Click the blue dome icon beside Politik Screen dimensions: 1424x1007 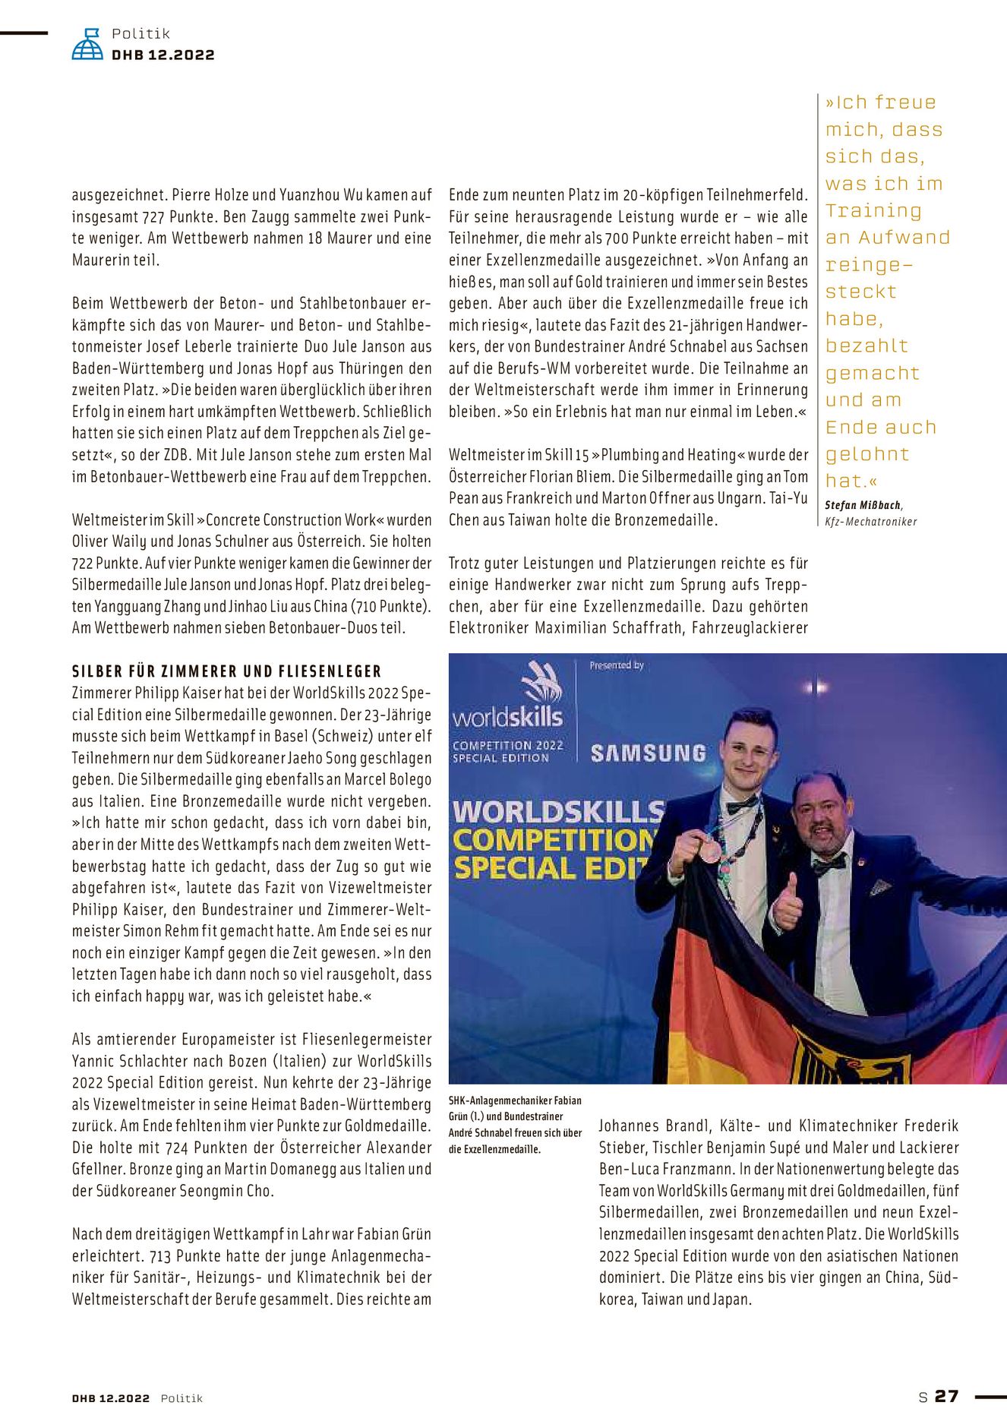pos(87,45)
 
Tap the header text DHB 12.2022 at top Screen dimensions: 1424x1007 pos(163,55)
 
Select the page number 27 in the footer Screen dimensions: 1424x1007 pos(946,1396)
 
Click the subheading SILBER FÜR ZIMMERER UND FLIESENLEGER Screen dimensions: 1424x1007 pos(226,671)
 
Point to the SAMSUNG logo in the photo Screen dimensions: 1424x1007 pos(649,753)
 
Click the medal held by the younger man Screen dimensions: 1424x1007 pos(710,850)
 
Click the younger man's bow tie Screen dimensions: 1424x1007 pos(742,804)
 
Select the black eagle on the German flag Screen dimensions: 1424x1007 pos(851,1059)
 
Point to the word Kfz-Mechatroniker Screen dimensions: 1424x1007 pos(870,522)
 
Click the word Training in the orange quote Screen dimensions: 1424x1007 pos(873,210)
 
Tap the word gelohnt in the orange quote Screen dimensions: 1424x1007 pos(867,454)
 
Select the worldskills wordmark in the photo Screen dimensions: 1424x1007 pos(507,717)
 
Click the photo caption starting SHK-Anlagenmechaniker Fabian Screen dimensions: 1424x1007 pos(516,1124)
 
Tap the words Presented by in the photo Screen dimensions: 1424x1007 pos(617,665)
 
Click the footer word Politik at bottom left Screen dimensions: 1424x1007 pos(182,1398)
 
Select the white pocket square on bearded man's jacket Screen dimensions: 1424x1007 pos(880,886)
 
